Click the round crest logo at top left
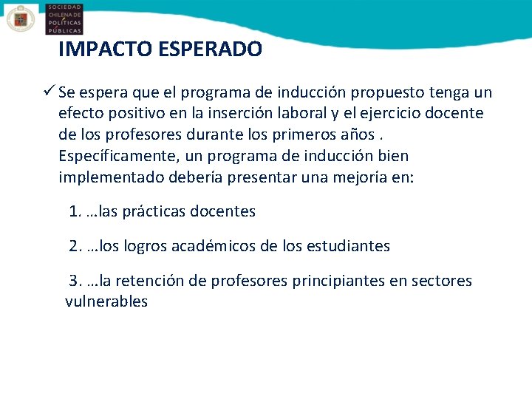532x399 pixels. [21, 18]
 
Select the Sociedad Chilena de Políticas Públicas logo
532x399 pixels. [64, 18]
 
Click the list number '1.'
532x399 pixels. [75, 212]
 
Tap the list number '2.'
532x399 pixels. [75, 246]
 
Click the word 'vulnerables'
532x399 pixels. [106, 302]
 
